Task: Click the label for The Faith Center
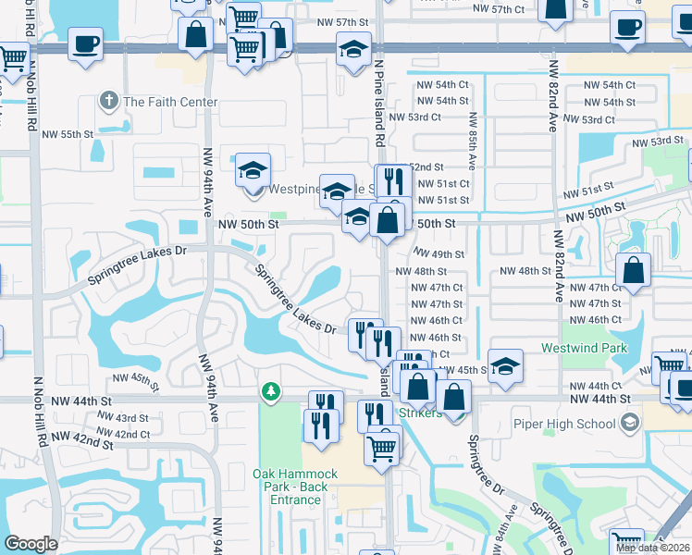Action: [x=170, y=102]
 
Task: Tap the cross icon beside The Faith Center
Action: [x=109, y=100]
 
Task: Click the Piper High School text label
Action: [x=565, y=424]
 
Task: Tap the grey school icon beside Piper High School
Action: [x=630, y=424]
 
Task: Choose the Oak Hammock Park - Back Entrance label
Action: [x=295, y=487]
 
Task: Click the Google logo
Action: [x=31, y=544]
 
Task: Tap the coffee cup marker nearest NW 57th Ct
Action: [x=628, y=27]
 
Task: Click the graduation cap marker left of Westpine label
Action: [x=252, y=170]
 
